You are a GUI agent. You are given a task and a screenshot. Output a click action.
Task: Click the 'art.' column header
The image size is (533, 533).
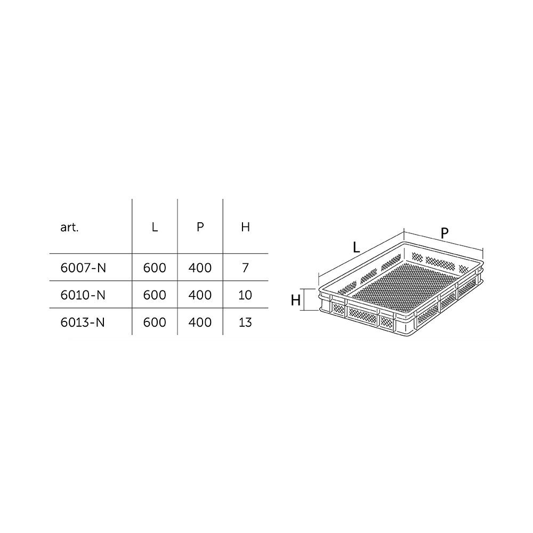tap(69, 227)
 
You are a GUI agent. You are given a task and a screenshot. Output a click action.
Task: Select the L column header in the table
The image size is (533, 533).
tap(155, 227)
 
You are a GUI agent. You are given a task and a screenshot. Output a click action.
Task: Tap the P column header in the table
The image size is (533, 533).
tap(200, 227)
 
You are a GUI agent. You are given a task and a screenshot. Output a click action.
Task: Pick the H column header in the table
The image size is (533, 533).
tap(245, 227)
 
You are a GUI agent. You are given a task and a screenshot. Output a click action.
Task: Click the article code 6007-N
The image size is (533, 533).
tap(83, 268)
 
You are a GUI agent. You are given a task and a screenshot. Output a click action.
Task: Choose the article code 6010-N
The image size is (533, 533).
tap(83, 295)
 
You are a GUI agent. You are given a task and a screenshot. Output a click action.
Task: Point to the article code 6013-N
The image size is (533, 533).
tap(83, 322)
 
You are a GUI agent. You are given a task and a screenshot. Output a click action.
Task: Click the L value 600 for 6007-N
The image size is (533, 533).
tap(155, 268)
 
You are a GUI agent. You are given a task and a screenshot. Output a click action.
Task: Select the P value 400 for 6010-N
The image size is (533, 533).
tap(200, 295)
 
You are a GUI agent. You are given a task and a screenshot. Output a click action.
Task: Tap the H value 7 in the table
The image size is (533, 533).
tap(245, 268)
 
